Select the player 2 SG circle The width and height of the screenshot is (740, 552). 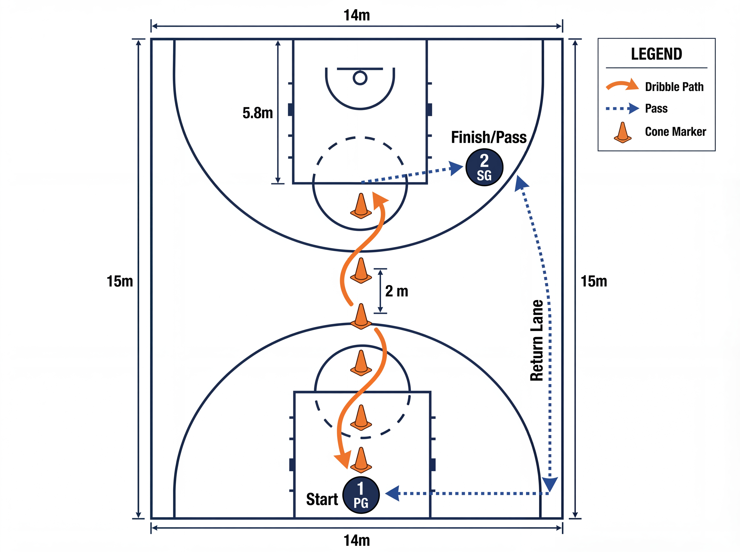pos(484,167)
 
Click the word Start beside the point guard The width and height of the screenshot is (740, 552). pos(322,499)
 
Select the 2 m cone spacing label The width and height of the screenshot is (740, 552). pos(397,291)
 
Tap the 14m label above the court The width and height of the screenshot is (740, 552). pos(357,15)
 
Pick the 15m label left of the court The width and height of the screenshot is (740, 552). pos(120,281)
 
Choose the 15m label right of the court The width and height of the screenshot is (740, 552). pos(594,281)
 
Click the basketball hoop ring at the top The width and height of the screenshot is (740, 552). pos(360,78)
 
